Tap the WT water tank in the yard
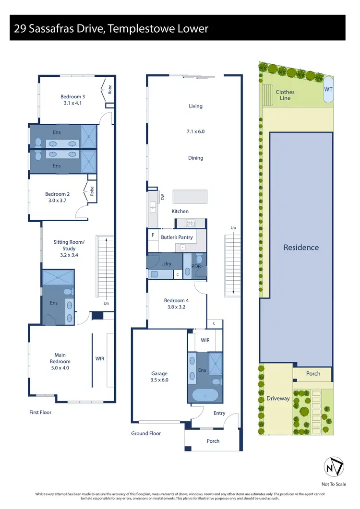[x=328, y=90]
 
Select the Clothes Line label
[x=285, y=95]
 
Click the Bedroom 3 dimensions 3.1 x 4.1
[x=72, y=103]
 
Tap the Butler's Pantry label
[x=175, y=237]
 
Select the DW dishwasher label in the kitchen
[x=163, y=197]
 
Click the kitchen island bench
[x=190, y=196]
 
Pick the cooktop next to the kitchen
[x=191, y=223]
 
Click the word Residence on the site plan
[x=301, y=248]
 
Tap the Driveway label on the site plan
[x=278, y=398]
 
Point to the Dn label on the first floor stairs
[x=105, y=303]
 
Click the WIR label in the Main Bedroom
[x=100, y=358]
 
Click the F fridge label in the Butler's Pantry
[x=153, y=236]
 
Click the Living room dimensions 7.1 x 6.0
[x=195, y=131]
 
